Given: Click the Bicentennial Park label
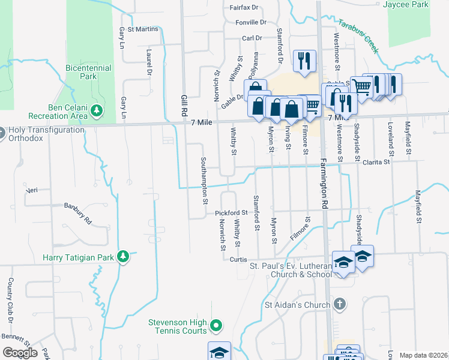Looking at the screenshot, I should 89,73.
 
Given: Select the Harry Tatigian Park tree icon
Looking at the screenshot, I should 123,257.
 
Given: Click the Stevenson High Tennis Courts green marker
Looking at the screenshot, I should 217,326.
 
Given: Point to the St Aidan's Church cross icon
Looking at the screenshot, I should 340,304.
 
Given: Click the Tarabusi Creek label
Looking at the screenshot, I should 359,36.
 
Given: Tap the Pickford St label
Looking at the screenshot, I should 231,213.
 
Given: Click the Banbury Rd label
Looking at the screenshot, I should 77,213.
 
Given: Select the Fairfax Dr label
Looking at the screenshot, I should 243,8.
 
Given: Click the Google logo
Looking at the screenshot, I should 20,352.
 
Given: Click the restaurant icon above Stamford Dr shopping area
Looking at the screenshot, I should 304,61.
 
